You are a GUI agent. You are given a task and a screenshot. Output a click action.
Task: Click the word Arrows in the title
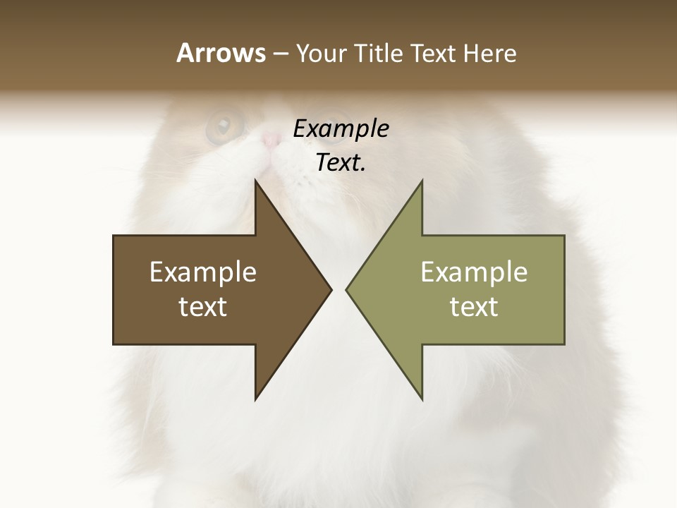[220, 53]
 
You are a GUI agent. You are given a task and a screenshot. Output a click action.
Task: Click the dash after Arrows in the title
[279, 54]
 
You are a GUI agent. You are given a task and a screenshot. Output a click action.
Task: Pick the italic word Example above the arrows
[341, 128]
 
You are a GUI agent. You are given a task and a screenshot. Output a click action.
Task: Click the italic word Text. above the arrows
[341, 162]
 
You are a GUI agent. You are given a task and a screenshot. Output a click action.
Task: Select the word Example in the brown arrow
[203, 272]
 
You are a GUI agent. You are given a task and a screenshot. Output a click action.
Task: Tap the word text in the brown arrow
[203, 307]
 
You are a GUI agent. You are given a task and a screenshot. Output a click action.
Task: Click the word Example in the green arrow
[474, 272]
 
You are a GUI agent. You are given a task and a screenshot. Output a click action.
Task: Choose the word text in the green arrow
[474, 307]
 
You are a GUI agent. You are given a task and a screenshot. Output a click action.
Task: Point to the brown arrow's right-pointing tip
[330, 289]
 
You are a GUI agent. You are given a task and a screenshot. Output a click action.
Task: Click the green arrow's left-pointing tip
[347, 289]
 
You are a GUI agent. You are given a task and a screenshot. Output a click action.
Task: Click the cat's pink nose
[270, 140]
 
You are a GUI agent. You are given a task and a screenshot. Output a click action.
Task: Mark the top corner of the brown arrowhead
[255, 181]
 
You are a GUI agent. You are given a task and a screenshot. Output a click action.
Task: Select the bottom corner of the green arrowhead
[422, 399]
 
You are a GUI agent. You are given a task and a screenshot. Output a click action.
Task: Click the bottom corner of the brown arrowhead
[255, 399]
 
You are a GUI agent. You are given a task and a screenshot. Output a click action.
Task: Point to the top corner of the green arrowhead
[422, 181]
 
